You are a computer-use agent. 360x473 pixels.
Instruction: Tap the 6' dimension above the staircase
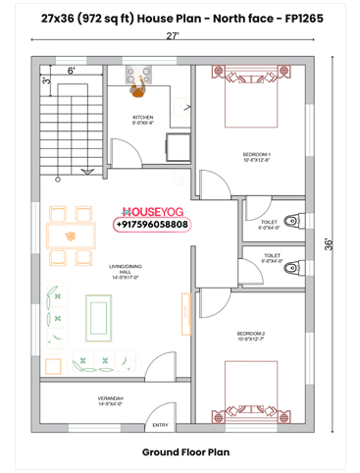point(72,71)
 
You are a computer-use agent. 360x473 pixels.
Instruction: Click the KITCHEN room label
point(143,119)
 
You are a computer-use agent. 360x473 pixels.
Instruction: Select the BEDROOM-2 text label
point(252,336)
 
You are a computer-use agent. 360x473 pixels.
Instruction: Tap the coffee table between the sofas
point(99,315)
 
